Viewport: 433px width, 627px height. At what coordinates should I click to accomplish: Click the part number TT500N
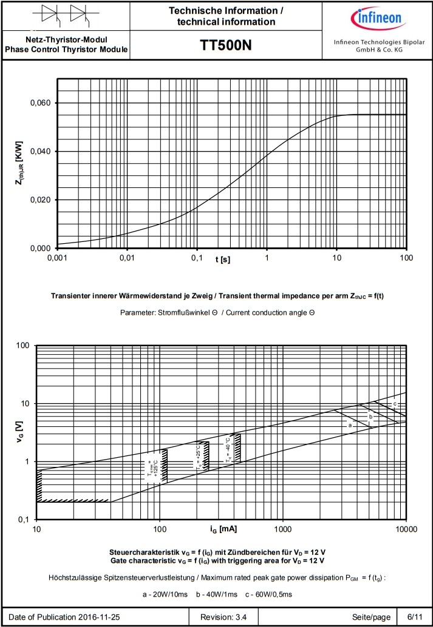[x=226, y=45]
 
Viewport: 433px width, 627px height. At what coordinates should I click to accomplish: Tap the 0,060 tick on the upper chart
[x=41, y=103]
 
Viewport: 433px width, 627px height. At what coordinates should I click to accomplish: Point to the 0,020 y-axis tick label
[x=41, y=200]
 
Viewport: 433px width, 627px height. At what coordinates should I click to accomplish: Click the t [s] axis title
[x=222, y=259]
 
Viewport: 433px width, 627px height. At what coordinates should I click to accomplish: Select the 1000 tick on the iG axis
[x=283, y=529]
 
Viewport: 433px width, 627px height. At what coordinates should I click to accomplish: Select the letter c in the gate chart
[x=395, y=403]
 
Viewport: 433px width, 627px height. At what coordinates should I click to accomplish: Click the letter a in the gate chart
[x=350, y=426]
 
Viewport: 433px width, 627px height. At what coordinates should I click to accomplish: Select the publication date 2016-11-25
[x=98, y=617]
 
